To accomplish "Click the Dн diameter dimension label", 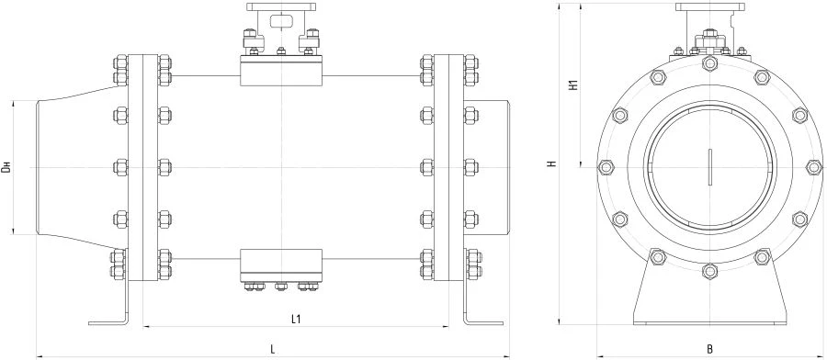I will (x=7, y=167).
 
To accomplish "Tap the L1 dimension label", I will (x=296, y=320).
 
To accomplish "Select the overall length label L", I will (x=274, y=349).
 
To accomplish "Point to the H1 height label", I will (x=573, y=86).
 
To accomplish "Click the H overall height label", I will (x=552, y=165).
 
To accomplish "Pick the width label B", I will (x=709, y=349).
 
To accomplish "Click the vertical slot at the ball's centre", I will (x=709, y=167).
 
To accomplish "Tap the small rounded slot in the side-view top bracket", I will (x=279, y=24).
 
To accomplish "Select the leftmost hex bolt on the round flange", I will (x=606, y=167).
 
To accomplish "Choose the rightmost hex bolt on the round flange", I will (x=813, y=167).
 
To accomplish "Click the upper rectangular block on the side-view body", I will (x=279, y=73).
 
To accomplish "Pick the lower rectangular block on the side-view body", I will (x=279, y=264).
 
